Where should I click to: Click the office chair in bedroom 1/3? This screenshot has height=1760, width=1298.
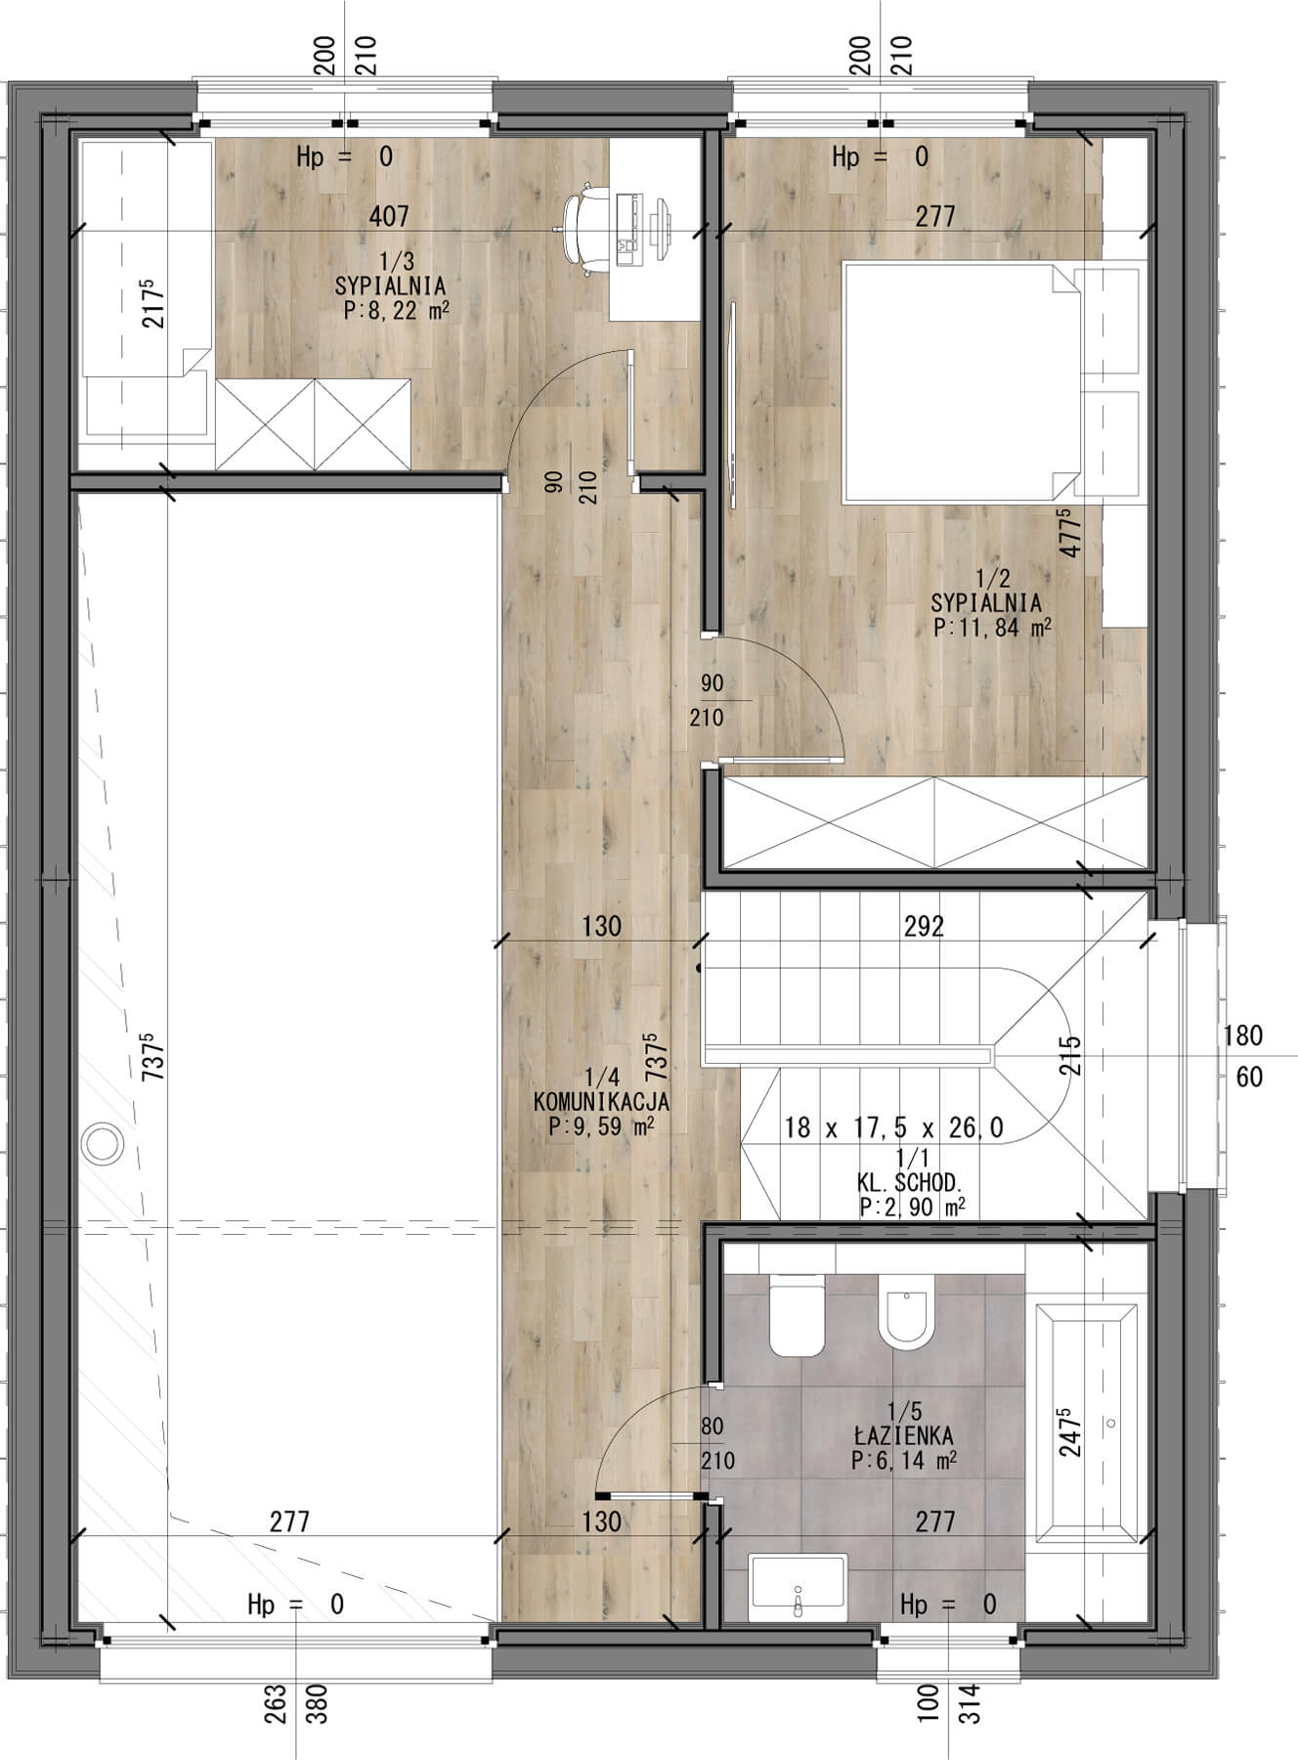coord(584,227)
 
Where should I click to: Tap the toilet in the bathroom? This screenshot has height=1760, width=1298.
coord(798,1315)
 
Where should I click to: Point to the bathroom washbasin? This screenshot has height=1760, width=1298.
coord(798,1588)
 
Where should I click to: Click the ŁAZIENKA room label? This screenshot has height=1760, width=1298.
coord(902,1435)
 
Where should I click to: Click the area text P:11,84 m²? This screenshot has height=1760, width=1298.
coord(992,628)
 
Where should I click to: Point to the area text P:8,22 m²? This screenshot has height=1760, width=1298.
coord(396,311)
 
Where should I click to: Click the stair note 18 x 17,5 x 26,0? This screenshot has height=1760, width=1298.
coord(893,1127)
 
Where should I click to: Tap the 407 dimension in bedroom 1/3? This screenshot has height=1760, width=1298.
coord(389,215)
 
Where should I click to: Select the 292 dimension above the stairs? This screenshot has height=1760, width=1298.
coord(924,925)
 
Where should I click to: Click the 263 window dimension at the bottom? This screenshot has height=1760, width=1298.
coord(279,1703)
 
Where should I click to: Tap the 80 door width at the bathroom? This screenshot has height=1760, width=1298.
coord(712,1427)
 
